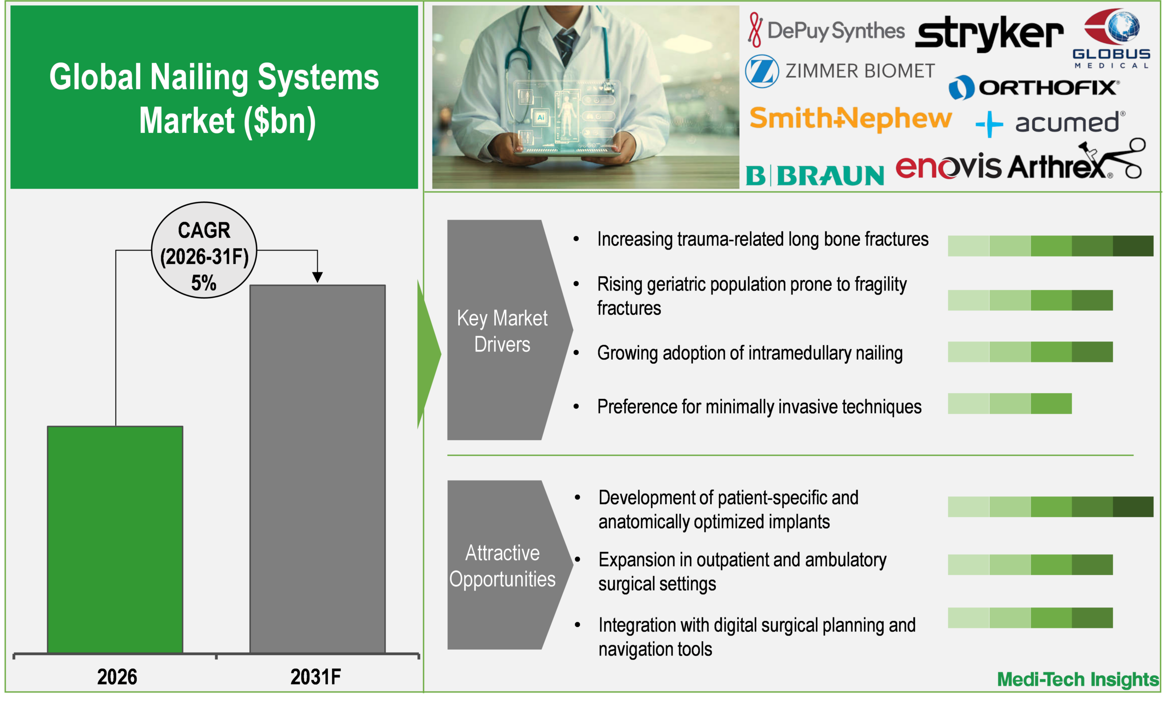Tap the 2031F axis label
[x=315, y=677]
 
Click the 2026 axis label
[x=117, y=677]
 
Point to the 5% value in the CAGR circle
[x=204, y=283]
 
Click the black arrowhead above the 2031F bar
[x=317, y=277]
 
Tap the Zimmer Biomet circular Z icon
[x=761, y=71]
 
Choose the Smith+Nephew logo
[x=850, y=118]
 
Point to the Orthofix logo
[x=1034, y=87]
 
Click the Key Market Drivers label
[x=502, y=331]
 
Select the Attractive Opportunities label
[x=502, y=566]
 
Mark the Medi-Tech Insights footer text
[x=1078, y=680]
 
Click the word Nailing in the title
[x=199, y=77]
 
